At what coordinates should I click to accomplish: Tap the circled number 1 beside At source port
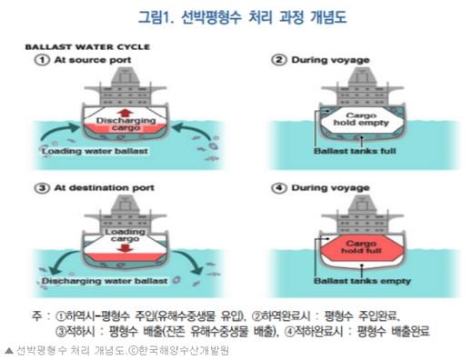coord(43,60)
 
